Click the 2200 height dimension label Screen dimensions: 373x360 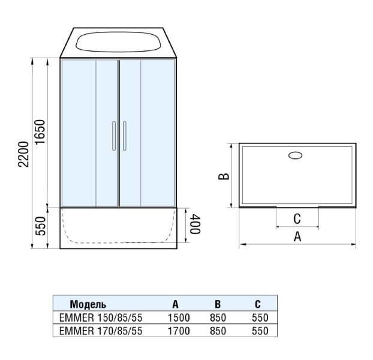click(x=23, y=154)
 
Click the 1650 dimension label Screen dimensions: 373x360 click(x=40, y=131)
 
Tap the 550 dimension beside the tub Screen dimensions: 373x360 click(x=40, y=226)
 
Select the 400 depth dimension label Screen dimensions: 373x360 click(x=195, y=224)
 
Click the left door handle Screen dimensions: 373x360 click(x=114, y=136)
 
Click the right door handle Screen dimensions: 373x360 click(x=124, y=136)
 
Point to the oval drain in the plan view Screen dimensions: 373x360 click(x=296, y=155)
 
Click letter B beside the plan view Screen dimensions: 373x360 click(x=224, y=176)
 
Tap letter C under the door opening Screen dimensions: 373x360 click(x=297, y=218)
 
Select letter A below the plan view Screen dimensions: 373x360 click(x=297, y=237)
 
